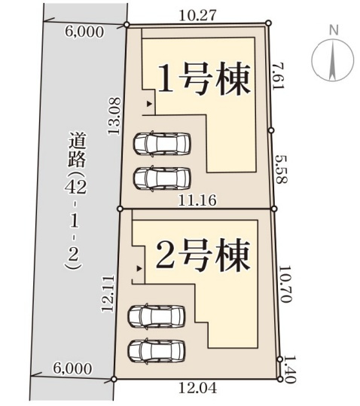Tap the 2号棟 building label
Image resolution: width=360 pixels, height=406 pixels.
(202, 257)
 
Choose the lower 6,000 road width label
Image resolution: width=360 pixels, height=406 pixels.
(73, 369)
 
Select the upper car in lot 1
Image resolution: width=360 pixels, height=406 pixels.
(162, 143)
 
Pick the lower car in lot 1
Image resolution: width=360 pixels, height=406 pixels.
(161, 178)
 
